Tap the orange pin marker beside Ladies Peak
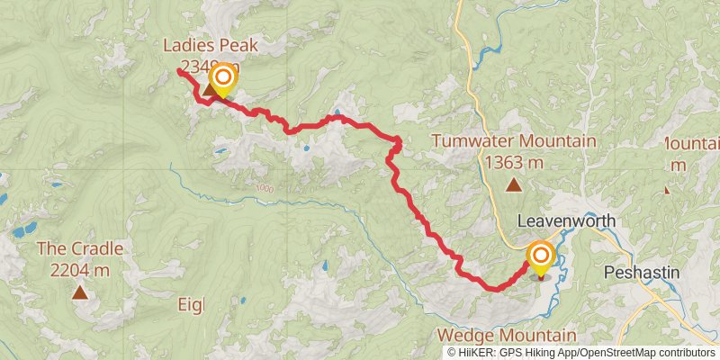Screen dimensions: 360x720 (x=220, y=80)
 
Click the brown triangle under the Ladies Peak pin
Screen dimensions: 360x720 (x=209, y=90)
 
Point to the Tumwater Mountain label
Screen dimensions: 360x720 (x=513, y=141)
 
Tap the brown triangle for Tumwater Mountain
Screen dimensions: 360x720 (x=513, y=186)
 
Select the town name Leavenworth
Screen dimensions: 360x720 (x=567, y=221)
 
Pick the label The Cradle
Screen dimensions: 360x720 (x=80, y=248)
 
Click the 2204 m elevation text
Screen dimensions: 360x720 (x=80, y=269)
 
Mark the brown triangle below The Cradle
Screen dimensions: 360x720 (x=80, y=292)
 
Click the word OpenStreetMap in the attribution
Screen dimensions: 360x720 (x=621, y=352)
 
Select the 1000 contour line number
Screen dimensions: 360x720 (x=263, y=188)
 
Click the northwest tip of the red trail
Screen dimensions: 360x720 (x=179, y=70)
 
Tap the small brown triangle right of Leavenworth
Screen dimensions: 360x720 (x=667, y=190)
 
